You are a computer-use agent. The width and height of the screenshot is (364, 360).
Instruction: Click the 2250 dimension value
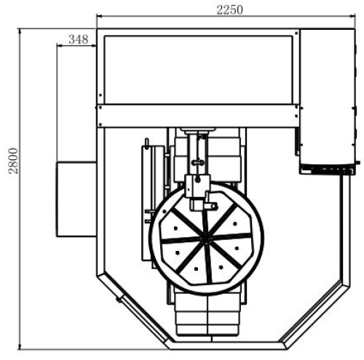click(x=229, y=10)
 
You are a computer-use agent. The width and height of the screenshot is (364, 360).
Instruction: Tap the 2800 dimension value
click(x=13, y=161)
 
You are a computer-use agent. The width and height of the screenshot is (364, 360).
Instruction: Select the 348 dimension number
click(x=79, y=39)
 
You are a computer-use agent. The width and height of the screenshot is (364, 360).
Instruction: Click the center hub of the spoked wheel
click(x=207, y=239)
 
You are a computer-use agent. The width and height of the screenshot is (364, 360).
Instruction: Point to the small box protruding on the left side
click(x=76, y=199)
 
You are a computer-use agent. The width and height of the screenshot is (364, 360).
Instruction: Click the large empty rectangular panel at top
click(x=199, y=70)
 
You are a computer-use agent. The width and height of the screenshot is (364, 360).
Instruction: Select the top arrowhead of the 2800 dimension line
click(x=20, y=31)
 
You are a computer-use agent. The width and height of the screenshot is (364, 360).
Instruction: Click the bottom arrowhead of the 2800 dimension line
click(x=20, y=346)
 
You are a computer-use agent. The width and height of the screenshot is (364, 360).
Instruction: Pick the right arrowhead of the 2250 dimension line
click(x=352, y=16)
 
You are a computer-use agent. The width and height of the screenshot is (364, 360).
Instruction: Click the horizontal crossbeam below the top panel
click(x=198, y=116)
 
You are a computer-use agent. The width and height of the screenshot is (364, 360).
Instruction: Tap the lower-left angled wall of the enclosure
click(x=133, y=310)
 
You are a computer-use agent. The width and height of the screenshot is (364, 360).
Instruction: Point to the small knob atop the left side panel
click(x=146, y=143)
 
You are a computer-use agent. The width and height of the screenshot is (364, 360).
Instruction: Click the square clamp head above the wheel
click(x=197, y=185)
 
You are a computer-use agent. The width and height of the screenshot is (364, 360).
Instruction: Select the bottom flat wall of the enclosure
click(x=227, y=345)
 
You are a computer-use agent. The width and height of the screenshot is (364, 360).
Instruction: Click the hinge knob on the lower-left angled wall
click(x=119, y=300)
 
